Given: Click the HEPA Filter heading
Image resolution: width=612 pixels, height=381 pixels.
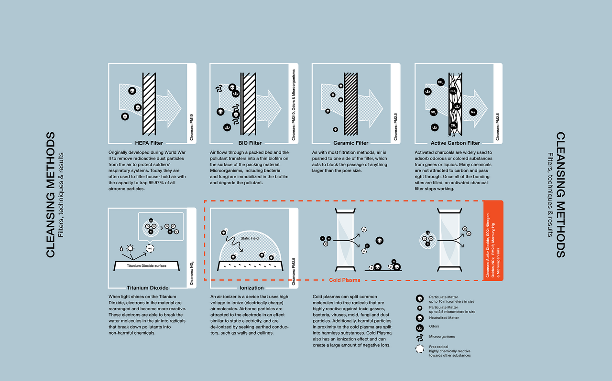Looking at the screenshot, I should pyautogui.click(x=149, y=143).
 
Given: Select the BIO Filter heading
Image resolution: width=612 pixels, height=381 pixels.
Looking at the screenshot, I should pyautogui.click(x=249, y=143).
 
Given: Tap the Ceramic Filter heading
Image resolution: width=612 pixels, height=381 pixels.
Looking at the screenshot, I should pyautogui.click(x=351, y=143).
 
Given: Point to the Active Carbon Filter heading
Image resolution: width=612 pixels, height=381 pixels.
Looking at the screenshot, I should pyautogui.click(x=455, y=143).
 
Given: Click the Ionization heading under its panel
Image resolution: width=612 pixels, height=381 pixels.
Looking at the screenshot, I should pyautogui.click(x=251, y=288).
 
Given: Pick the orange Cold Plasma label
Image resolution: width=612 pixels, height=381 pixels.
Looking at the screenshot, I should pyautogui.click(x=345, y=280).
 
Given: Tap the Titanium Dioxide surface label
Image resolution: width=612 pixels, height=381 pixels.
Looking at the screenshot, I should pyautogui.click(x=147, y=265).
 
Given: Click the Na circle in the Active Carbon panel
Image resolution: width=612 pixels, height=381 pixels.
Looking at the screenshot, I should pyautogui.click(x=473, y=112).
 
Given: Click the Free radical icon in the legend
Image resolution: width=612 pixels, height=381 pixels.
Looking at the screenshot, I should pyautogui.click(x=419, y=349).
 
